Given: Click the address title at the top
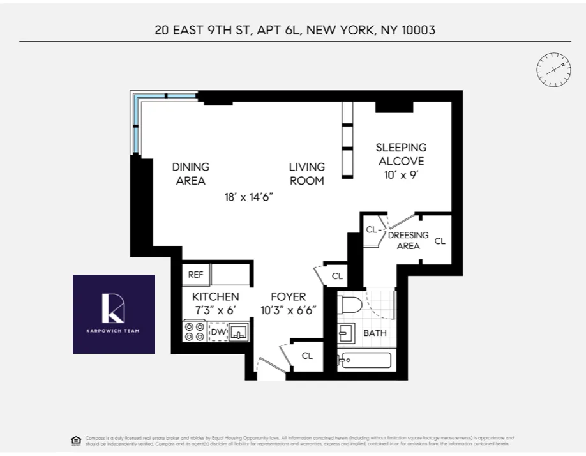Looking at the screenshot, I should (x=295, y=30).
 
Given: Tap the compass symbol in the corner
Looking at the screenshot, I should (x=552, y=70).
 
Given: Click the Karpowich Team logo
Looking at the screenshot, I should (x=114, y=314).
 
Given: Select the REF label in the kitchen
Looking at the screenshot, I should (x=196, y=275).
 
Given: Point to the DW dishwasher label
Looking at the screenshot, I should (x=218, y=331).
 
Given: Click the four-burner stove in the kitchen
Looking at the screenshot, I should (x=194, y=331).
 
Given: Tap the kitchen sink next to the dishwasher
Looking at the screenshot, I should (x=238, y=331).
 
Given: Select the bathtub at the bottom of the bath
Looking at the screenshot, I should (x=364, y=361).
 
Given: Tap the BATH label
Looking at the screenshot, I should (x=375, y=333).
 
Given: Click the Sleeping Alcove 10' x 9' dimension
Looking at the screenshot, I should (x=400, y=174).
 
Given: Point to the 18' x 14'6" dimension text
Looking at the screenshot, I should (x=248, y=197).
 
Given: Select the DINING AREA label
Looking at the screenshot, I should (x=190, y=174).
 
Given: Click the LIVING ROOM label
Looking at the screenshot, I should (x=306, y=174).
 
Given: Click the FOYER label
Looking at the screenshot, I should (x=288, y=296).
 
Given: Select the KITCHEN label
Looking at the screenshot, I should (x=215, y=296).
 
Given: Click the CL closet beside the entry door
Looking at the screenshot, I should (x=307, y=356).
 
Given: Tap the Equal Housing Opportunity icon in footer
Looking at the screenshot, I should (x=75, y=440).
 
